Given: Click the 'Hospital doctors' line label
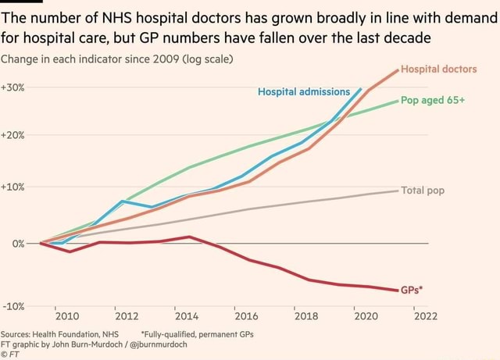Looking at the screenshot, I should click(x=439, y=69).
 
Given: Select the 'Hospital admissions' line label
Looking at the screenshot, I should click(x=304, y=92).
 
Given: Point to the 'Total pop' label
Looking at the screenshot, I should click(x=423, y=190).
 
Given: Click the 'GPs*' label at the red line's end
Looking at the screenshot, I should click(x=412, y=290).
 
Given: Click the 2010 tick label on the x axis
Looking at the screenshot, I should click(x=66, y=316).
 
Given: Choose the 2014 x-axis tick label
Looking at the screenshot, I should click(x=186, y=316).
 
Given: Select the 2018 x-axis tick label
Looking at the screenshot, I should click(x=306, y=316).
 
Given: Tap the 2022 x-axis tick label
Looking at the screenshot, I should click(x=426, y=316).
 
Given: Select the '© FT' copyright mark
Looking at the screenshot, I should click(x=13, y=352).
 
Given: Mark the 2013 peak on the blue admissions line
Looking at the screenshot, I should click(x=123, y=201).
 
